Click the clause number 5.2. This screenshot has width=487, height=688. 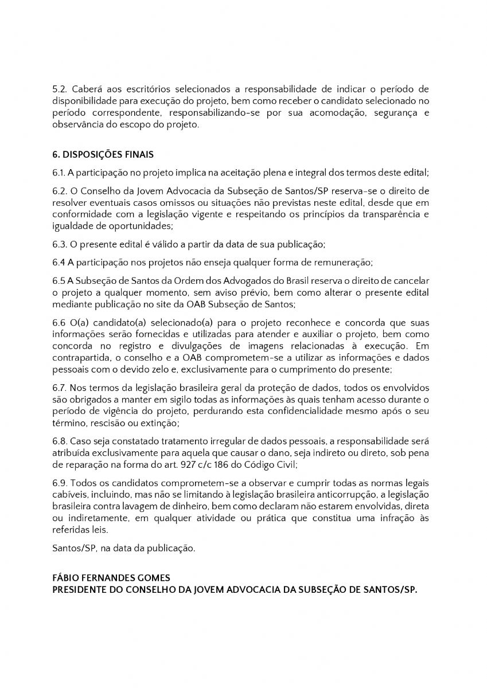(59, 90)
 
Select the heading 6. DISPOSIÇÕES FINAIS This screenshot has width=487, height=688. (103, 155)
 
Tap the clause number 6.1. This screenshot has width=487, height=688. (59, 172)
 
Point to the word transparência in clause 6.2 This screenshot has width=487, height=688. (393, 213)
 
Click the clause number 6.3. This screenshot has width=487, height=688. (59, 244)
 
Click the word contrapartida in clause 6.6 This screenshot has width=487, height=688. (81, 358)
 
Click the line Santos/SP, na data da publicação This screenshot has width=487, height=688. (123, 548)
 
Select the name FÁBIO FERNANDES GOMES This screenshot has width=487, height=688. (110, 578)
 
